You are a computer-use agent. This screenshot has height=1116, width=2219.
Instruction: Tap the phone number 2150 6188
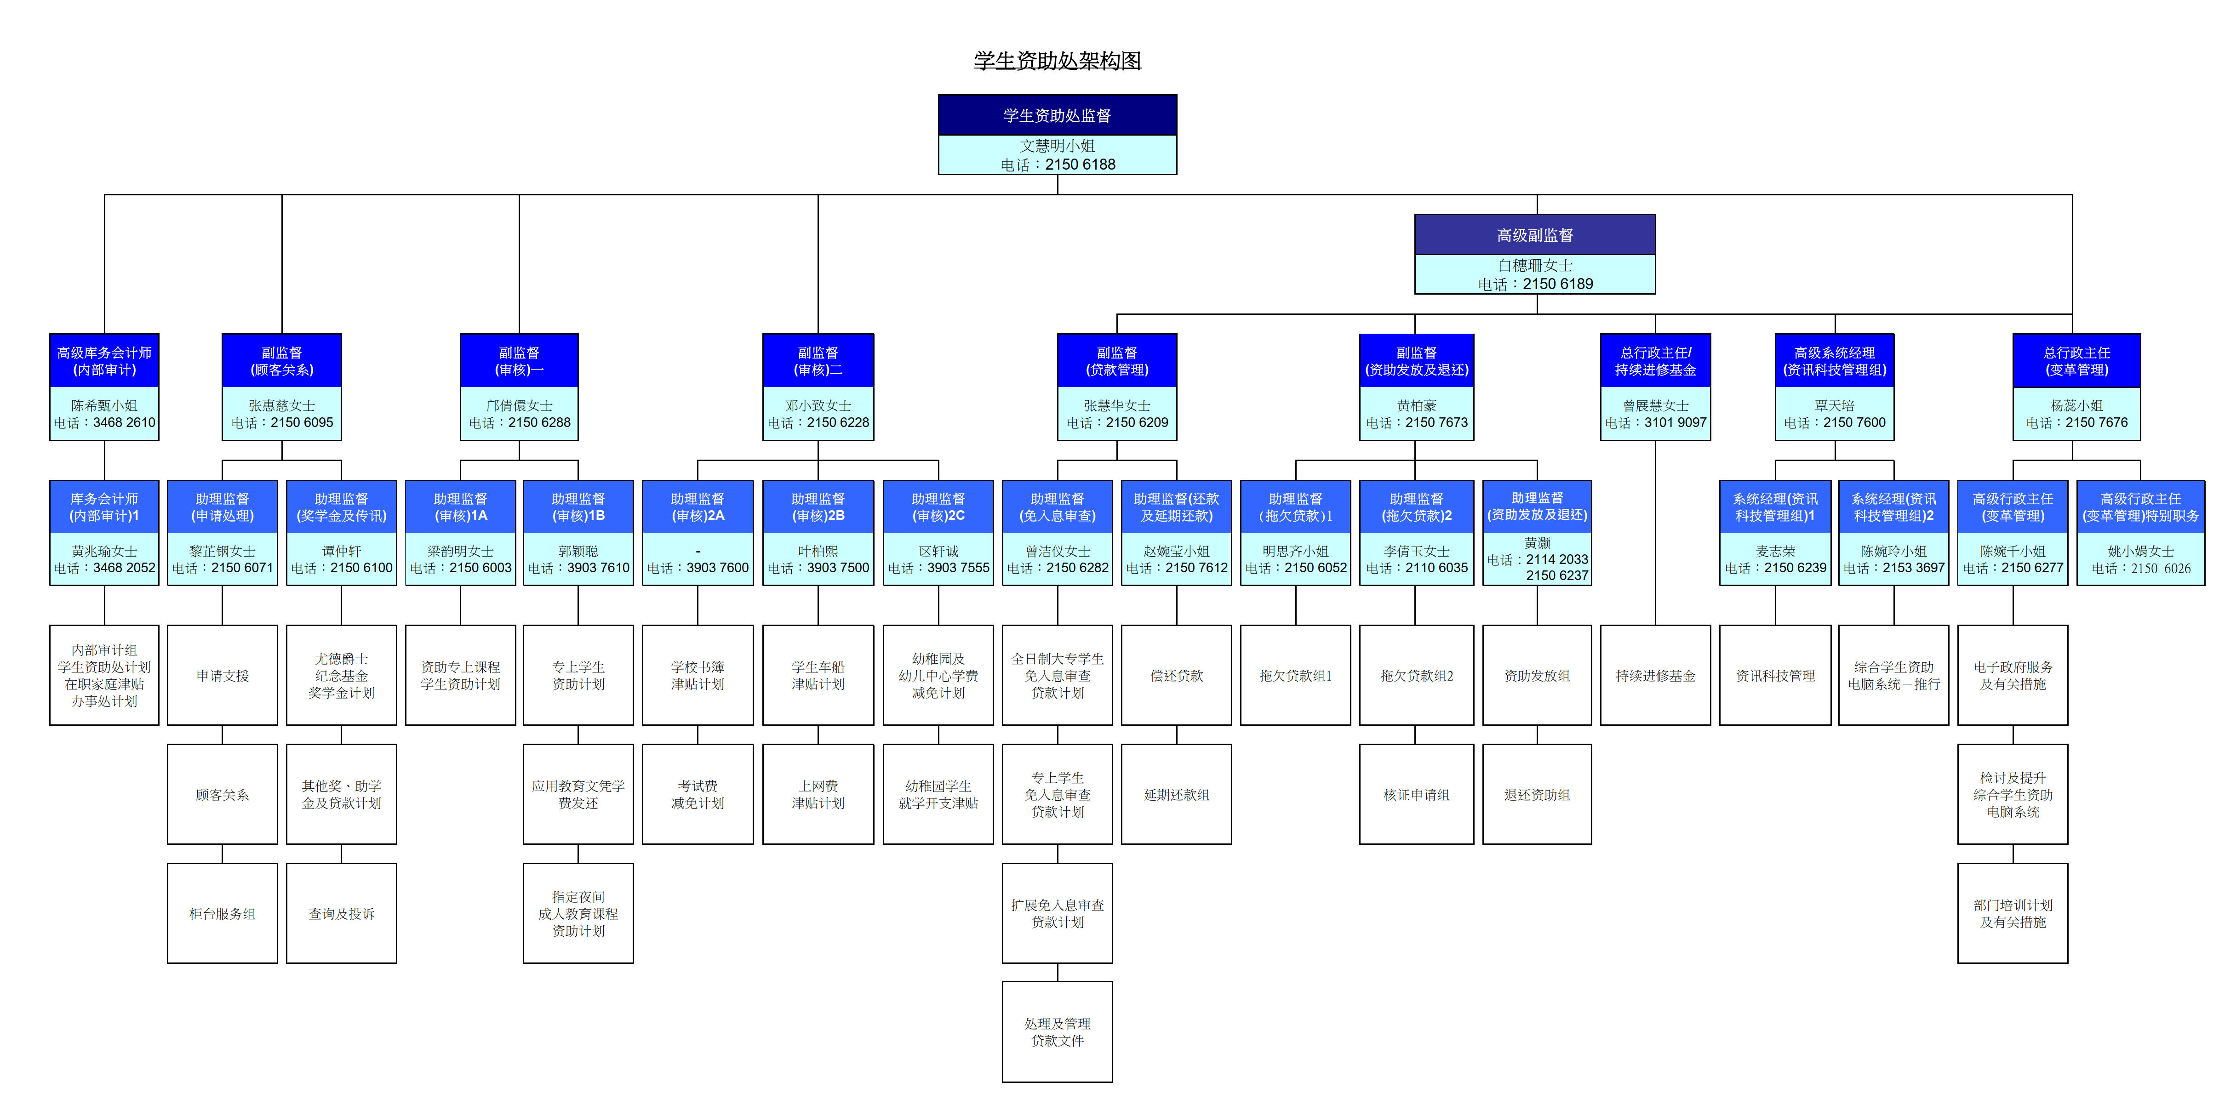(x=1080, y=165)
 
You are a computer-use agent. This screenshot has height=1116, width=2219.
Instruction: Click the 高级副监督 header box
(x=1534, y=235)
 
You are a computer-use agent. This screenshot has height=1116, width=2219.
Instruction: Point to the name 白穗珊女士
(x=1534, y=265)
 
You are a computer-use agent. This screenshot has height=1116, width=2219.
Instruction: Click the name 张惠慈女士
(x=282, y=405)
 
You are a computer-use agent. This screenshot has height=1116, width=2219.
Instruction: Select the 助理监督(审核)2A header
(x=697, y=507)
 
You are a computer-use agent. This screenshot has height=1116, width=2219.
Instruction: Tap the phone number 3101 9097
(x=1675, y=423)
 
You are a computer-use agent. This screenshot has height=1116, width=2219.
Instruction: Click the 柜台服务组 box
(x=222, y=914)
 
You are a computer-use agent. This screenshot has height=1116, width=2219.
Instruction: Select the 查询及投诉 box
(x=341, y=914)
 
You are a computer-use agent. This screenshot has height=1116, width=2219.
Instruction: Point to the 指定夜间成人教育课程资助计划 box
(x=578, y=914)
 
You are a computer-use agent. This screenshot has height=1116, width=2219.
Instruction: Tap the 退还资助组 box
(x=1537, y=795)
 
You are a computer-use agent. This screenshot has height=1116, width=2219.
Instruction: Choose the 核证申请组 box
(x=1416, y=795)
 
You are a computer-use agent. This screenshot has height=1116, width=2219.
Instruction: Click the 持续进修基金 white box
(x=1655, y=676)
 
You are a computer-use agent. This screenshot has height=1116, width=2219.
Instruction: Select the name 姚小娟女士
(x=2141, y=551)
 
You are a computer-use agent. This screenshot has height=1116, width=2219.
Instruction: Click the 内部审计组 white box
(x=104, y=676)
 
